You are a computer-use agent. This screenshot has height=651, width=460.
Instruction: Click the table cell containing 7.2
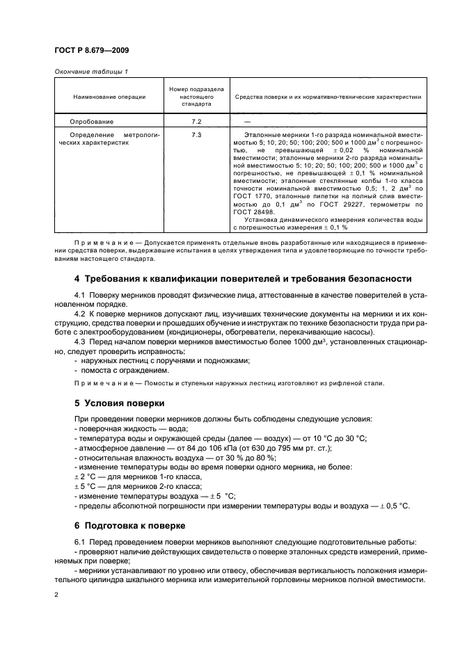click(196, 121)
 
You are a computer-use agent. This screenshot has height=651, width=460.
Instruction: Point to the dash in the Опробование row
click(239, 121)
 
